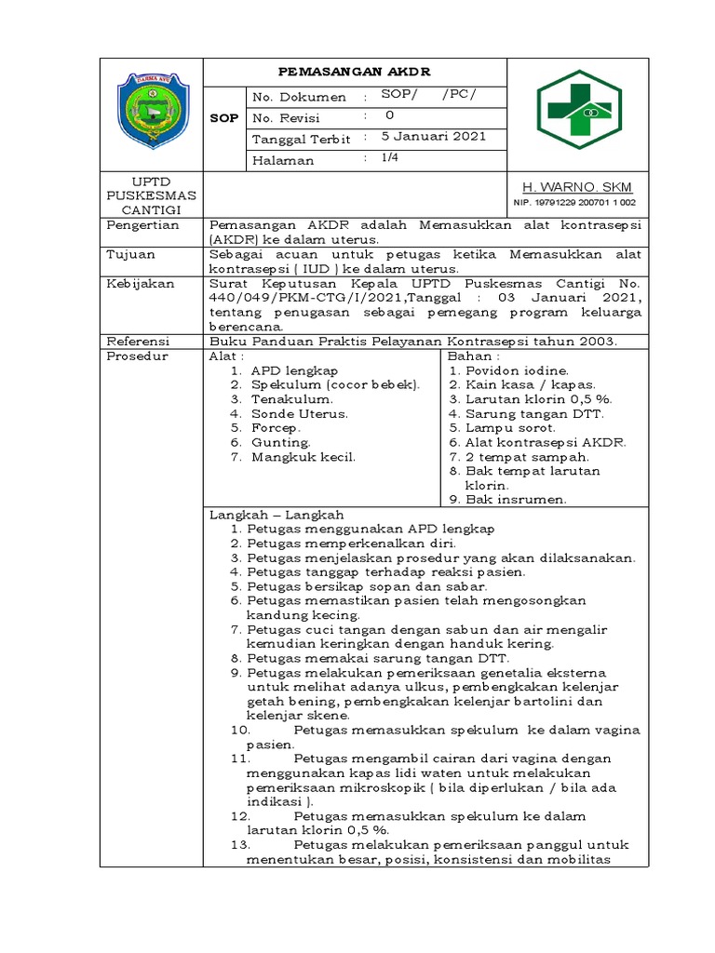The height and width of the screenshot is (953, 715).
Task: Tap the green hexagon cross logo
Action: (x=578, y=115)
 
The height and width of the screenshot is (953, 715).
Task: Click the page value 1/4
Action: (x=389, y=158)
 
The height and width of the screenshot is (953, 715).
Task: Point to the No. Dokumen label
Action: (x=299, y=97)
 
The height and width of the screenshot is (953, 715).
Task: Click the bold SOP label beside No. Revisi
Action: (x=226, y=118)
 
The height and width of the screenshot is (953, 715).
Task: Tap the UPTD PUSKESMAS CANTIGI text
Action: (x=151, y=195)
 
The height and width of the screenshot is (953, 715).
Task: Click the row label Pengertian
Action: (x=142, y=225)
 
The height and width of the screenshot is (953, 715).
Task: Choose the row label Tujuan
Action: (x=130, y=253)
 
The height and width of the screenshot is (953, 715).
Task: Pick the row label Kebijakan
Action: (x=140, y=282)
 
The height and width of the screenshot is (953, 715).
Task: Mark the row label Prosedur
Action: (x=138, y=356)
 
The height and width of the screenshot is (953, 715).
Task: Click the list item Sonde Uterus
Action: (x=299, y=413)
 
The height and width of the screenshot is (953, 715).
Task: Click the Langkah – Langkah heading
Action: (x=277, y=515)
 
